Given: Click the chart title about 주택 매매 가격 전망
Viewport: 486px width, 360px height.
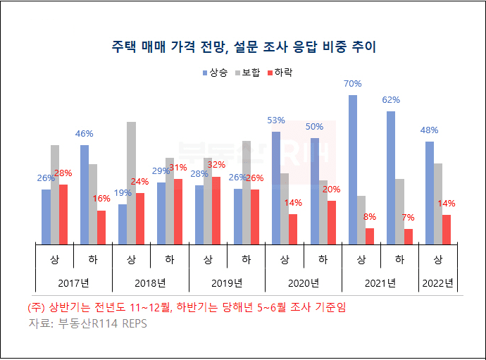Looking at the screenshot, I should [x=244, y=47].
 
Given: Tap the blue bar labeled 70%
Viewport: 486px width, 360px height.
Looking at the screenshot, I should [x=353, y=169].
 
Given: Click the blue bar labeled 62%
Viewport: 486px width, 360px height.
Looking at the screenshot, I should [x=391, y=177].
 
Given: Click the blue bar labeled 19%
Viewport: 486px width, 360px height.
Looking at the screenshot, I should [x=123, y=223].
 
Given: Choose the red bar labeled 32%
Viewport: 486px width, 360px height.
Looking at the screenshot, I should [x=216, y=209].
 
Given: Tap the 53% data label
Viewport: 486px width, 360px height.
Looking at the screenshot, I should [x=276, y=120].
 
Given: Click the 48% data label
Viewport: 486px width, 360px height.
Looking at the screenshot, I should [x=430, y=130].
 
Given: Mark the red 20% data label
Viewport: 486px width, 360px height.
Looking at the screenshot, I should [x=331, y=190].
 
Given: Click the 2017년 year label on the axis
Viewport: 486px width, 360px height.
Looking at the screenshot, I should [x=73, y=283].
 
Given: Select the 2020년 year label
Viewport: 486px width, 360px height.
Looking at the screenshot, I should [x=304, y=283].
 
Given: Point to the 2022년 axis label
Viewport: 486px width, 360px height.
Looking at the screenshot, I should [x=438, y=283].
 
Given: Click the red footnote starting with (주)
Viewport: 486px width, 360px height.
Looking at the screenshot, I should [x=187, y=308].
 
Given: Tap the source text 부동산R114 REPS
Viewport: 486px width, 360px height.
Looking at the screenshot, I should [x=87, y=324].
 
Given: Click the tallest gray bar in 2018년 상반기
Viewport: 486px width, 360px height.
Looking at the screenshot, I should [x=132, y=182].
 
